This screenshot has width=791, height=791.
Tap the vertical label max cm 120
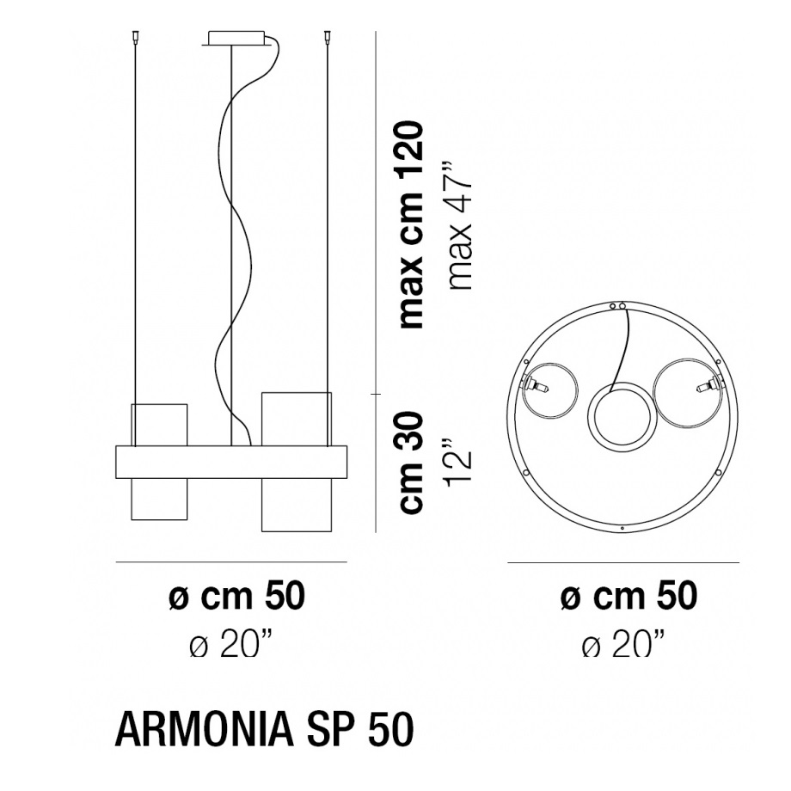pyautogui.click(x=410, y=225)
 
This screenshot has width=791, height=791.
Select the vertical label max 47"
pyautogui.click(x=460, y=225)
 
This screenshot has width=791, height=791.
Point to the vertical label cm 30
pyautogui.click(x=410, y=463)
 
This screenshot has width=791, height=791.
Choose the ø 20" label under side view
pyautogui.click(x=231, y=643)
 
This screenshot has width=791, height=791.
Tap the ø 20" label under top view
pyautogui.click(x=623, y=643)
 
